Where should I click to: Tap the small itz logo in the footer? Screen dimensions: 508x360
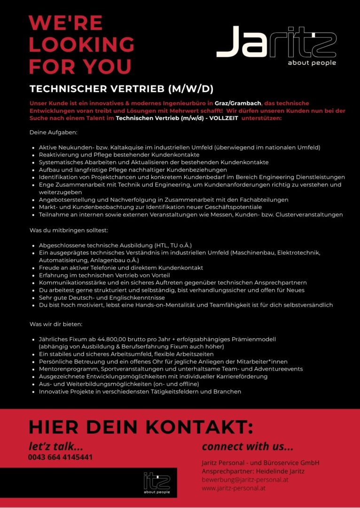(157, 483)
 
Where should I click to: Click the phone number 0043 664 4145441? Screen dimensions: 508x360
(60, 457)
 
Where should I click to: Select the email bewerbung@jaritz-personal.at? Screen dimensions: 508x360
(245, 480)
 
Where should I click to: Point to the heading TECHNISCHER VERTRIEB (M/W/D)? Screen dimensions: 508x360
(122, 89)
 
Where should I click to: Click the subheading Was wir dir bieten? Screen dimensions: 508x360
(56, 324)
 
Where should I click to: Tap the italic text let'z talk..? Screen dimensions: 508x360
(55, 446)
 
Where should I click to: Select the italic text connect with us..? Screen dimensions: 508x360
(247, 446)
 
